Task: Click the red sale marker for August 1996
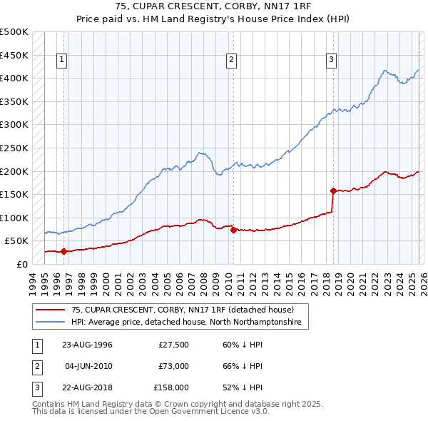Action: coord(63,251)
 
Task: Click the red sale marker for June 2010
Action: coord(233,230)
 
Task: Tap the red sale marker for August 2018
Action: coord(333,191)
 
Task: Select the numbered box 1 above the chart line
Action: coord(63,61)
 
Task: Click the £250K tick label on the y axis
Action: coord(14,148)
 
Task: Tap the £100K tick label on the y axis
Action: coord(14,218)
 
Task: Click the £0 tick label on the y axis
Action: coord(21,264)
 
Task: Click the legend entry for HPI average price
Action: coord(186,323)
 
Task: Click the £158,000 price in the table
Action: coord(171,388)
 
